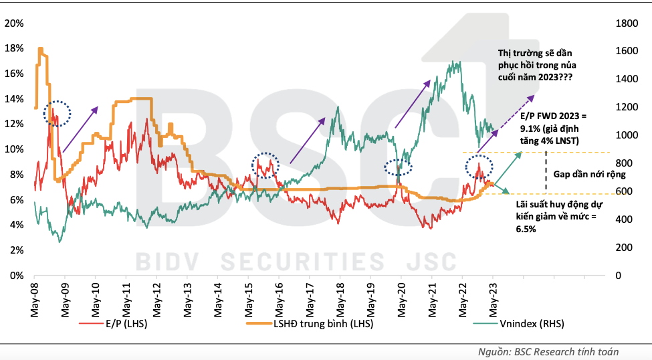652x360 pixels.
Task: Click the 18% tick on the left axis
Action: [x=15, y=49]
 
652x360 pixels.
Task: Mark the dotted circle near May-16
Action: [x=265, y=165]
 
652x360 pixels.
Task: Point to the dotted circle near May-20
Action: [x=399, y=169]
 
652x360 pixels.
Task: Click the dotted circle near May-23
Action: [x=479, y=167]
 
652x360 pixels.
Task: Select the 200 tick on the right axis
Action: [x=623, y=248]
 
